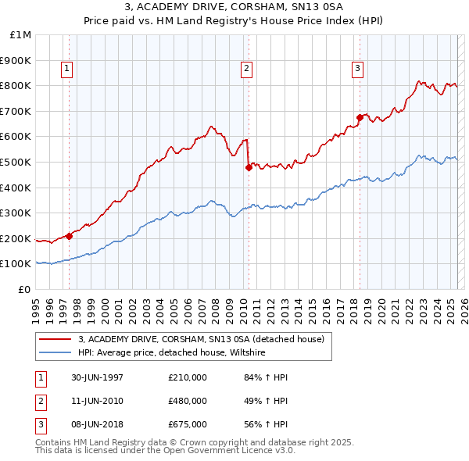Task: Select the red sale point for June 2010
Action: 249,166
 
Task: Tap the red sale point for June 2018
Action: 360,117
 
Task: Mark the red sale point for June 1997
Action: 69,235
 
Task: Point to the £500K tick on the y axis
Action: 16,162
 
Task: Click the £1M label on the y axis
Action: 21,35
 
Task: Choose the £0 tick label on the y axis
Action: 25,289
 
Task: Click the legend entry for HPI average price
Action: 172,352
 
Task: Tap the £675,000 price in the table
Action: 188,424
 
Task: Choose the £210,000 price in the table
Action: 188,377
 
